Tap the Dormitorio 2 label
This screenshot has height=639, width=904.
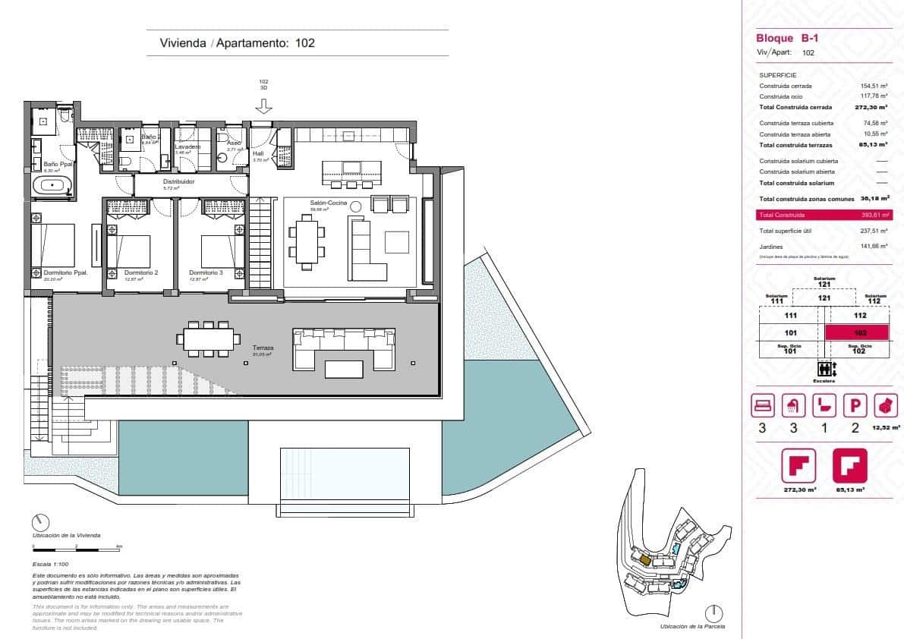[140, 273]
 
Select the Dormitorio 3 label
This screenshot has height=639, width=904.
[206, 273]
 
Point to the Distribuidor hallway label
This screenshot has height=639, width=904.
[179, 182]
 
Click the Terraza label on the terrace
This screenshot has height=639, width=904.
[263, 348]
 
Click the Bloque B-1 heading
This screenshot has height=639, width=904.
[777, 39]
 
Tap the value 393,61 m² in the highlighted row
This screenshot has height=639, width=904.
[874, 216]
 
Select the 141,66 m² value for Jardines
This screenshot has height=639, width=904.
[874, 246]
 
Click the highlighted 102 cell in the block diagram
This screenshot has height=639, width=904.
[858, 332]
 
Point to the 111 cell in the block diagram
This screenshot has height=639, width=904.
[790, 315]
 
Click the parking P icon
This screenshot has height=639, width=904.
[855, 406]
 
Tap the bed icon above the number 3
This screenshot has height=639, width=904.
[762, 406]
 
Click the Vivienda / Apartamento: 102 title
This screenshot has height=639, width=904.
[237, 43]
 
